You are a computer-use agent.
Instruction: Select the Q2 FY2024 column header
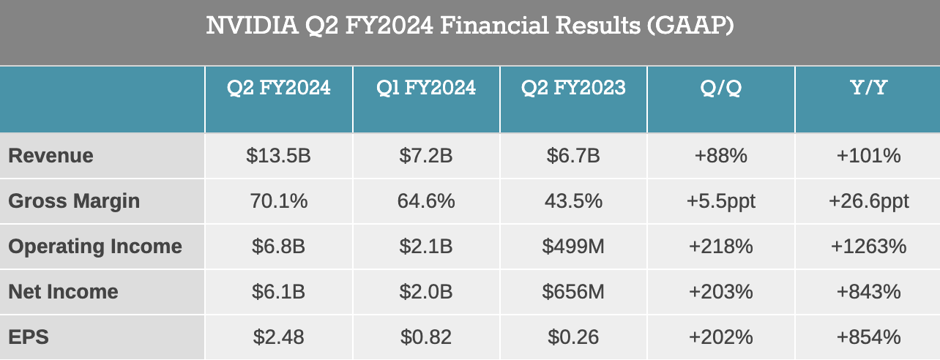point(278,89)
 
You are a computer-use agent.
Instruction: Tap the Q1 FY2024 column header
point(426,89)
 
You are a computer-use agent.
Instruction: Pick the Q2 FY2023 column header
point(573,89)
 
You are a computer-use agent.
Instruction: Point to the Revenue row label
point(51,156)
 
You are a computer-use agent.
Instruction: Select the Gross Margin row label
point(74,201)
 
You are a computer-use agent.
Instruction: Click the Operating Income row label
point(95,247)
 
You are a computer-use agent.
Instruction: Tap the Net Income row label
point(63,292)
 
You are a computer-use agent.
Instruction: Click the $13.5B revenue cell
point(279,156)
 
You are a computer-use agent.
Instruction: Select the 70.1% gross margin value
point(279,201)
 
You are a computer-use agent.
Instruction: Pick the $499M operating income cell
point(573,247)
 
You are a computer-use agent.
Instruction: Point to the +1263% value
point(868,247)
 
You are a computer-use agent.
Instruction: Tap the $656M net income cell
point(573,292)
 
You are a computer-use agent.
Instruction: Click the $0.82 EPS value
point(426,337)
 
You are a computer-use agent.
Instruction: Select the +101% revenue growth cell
point(868,156)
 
